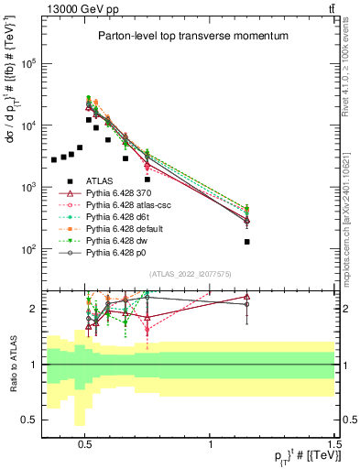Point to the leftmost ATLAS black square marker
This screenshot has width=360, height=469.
(54, 160)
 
